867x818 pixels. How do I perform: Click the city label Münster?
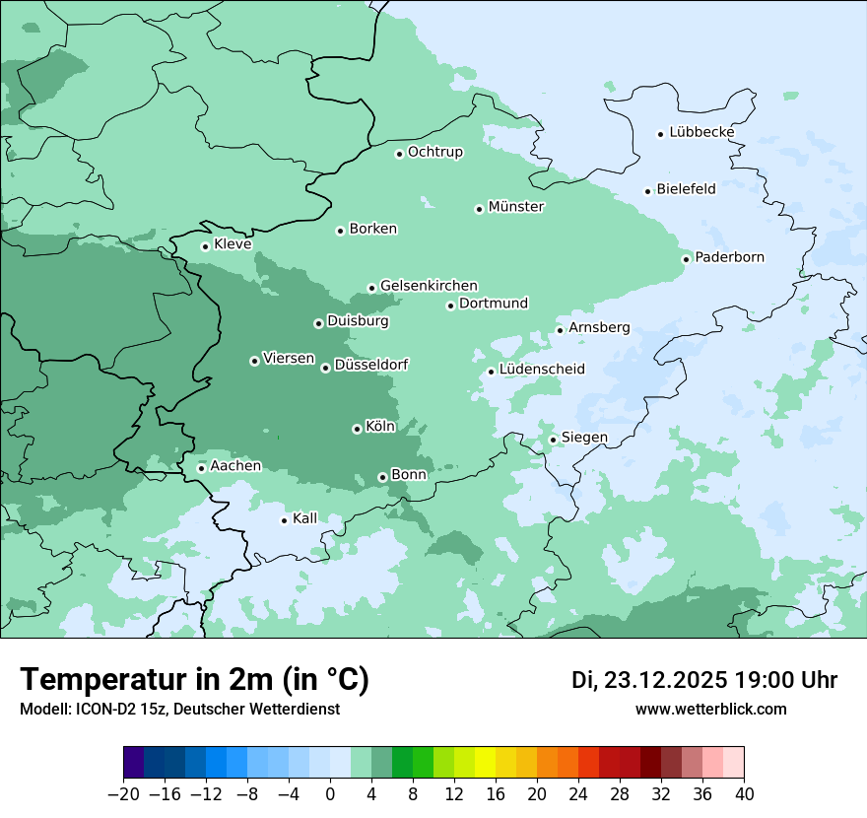pos(516,207)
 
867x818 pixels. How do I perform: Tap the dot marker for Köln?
pos(357,429)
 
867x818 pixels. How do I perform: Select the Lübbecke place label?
pos(701,132)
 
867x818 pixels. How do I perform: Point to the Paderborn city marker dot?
pos(687,259)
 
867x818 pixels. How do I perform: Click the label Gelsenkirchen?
pos(429,286)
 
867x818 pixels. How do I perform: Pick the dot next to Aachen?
pos(201,468)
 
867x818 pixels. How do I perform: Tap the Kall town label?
pos(305,518)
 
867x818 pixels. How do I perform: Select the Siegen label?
pos(584,438)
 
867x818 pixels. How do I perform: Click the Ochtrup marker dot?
pos(399,153)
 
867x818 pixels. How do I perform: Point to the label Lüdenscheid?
pos(542,370)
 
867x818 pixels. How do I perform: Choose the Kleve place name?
pos(233,244)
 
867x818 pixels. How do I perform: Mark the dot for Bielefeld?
pos(648,191)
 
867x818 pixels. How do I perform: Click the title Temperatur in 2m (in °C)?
pos(194,679)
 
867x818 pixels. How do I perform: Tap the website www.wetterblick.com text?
pos(710,710)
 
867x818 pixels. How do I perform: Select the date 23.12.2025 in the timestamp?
pos(665,680)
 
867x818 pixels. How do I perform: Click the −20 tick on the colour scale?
pos(123,794)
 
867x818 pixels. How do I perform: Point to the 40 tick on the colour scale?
pos(744,794)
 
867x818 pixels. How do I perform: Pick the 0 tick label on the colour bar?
pos(330,794)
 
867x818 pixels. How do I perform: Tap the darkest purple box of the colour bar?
pos(134,763)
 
